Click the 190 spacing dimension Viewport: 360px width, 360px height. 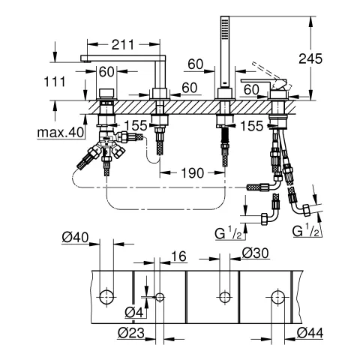click(192, 172)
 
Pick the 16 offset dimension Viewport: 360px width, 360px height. click(178, 256)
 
